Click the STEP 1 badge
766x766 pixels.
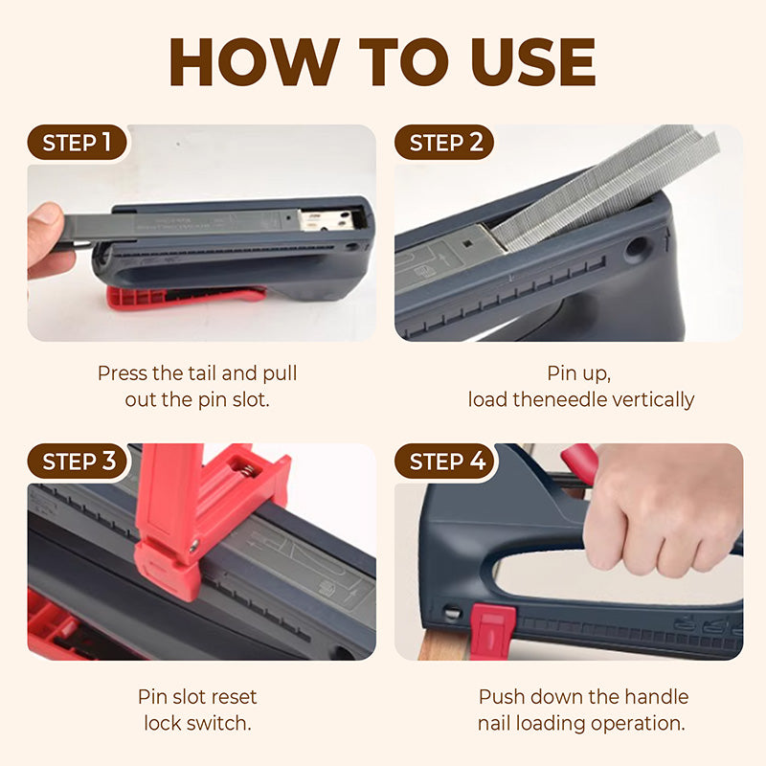click(x=78, y=143)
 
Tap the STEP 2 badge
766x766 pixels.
click(x=444, y=143)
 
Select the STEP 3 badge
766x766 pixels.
click(x=78, y=462)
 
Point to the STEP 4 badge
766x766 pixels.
click(x=445, y=462)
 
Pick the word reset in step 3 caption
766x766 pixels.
click(x=233, y=697)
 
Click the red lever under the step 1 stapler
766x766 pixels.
click(x=186, y=296)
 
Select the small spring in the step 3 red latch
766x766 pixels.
click(x=248, y=471)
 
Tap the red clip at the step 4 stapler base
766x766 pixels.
click(x=492, y=630)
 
